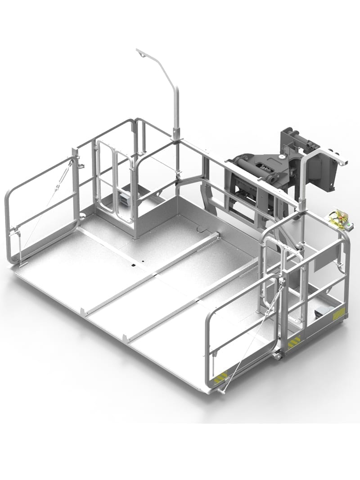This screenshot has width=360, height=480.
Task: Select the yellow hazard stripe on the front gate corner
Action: point(220,377)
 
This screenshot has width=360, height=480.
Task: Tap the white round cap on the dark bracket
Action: point(282,156)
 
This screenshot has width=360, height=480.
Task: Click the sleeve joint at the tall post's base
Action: point(176,134)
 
